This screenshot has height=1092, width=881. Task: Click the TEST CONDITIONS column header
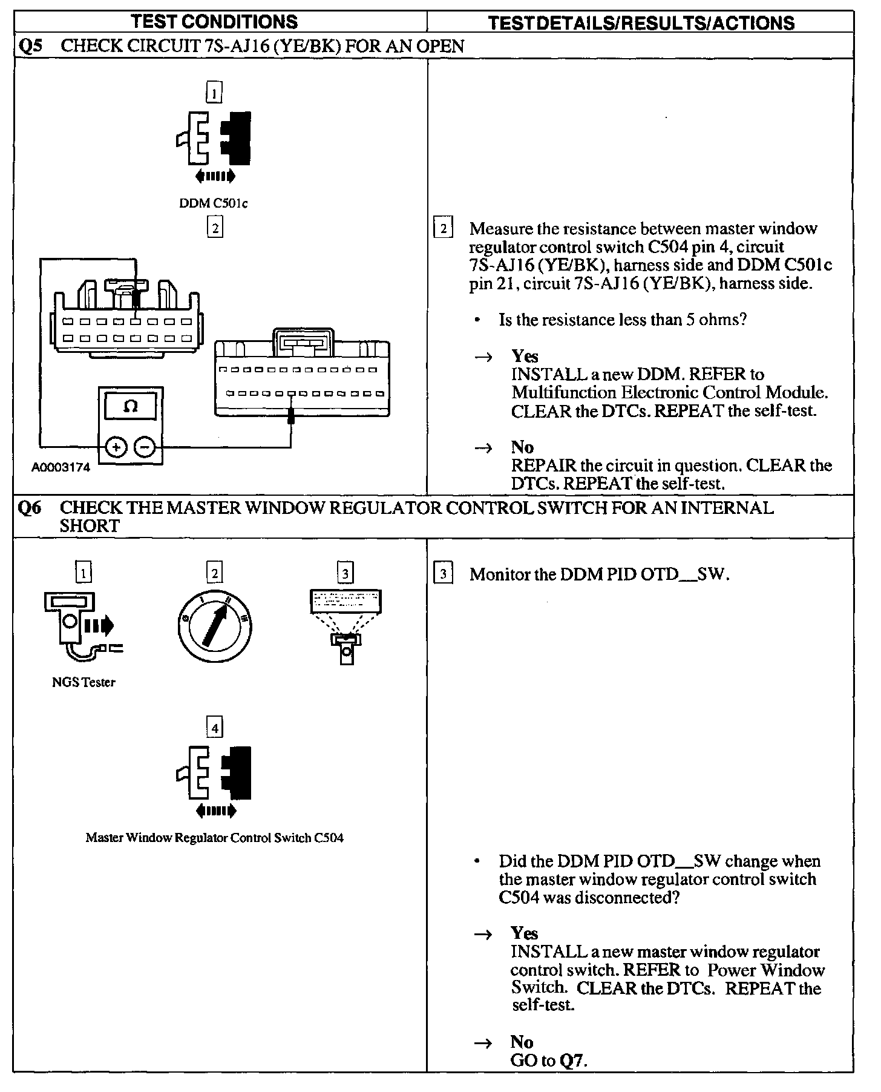(214, 22)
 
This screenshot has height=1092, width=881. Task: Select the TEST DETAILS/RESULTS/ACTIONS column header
(641, 23)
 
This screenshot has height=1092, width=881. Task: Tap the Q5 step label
(30, 47)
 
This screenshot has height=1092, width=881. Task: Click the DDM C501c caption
(214, 203)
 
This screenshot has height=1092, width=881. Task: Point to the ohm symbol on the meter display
(130, 407)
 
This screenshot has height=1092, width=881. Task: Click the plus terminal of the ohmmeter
(116, 447)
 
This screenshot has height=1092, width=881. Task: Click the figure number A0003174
(61, 467)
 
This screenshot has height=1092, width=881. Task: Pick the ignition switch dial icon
(215, 625)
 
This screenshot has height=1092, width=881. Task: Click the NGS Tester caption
(84, 682)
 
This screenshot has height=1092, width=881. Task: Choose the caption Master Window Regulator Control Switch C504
(214, 838)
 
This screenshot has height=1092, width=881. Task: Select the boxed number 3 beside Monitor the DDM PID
(444, 574)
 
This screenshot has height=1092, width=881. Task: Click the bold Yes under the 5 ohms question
(525, 356)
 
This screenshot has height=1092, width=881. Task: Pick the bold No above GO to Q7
(522, 1042)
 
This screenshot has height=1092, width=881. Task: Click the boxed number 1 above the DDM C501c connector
(214, 93)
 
